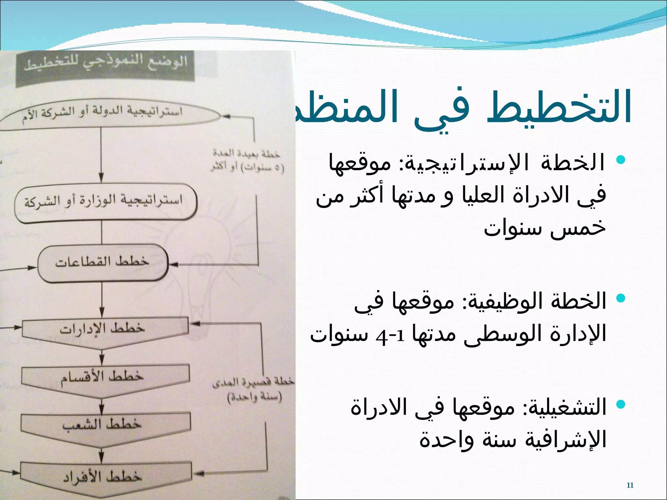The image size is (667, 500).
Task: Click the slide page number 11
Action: tap(630, 485)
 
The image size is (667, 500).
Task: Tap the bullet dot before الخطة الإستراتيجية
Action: tap(621, 160)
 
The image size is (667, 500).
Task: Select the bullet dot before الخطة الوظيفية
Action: tap(621, 298)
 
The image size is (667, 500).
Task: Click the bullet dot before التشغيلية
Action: tap(621, 404)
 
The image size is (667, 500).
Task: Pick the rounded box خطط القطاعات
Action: tap(103, 262)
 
